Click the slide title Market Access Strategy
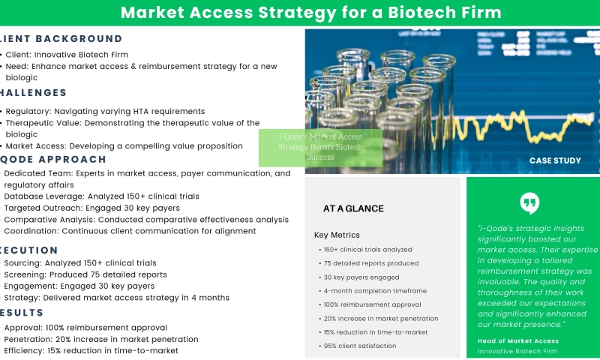[x=310, y=13]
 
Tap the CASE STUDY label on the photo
[x=555, y=160]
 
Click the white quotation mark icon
[x=529, y=202]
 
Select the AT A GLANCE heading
[x=353, y=208]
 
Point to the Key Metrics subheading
[x=337, y=235]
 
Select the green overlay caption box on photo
[x=320, y=148]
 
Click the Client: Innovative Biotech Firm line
[x=67, y=55]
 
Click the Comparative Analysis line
[x=146, y=220]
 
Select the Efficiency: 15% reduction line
[x=91, y=350]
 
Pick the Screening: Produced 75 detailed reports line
[x=85, y=274]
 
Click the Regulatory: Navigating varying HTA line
[x=105, y=111]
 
